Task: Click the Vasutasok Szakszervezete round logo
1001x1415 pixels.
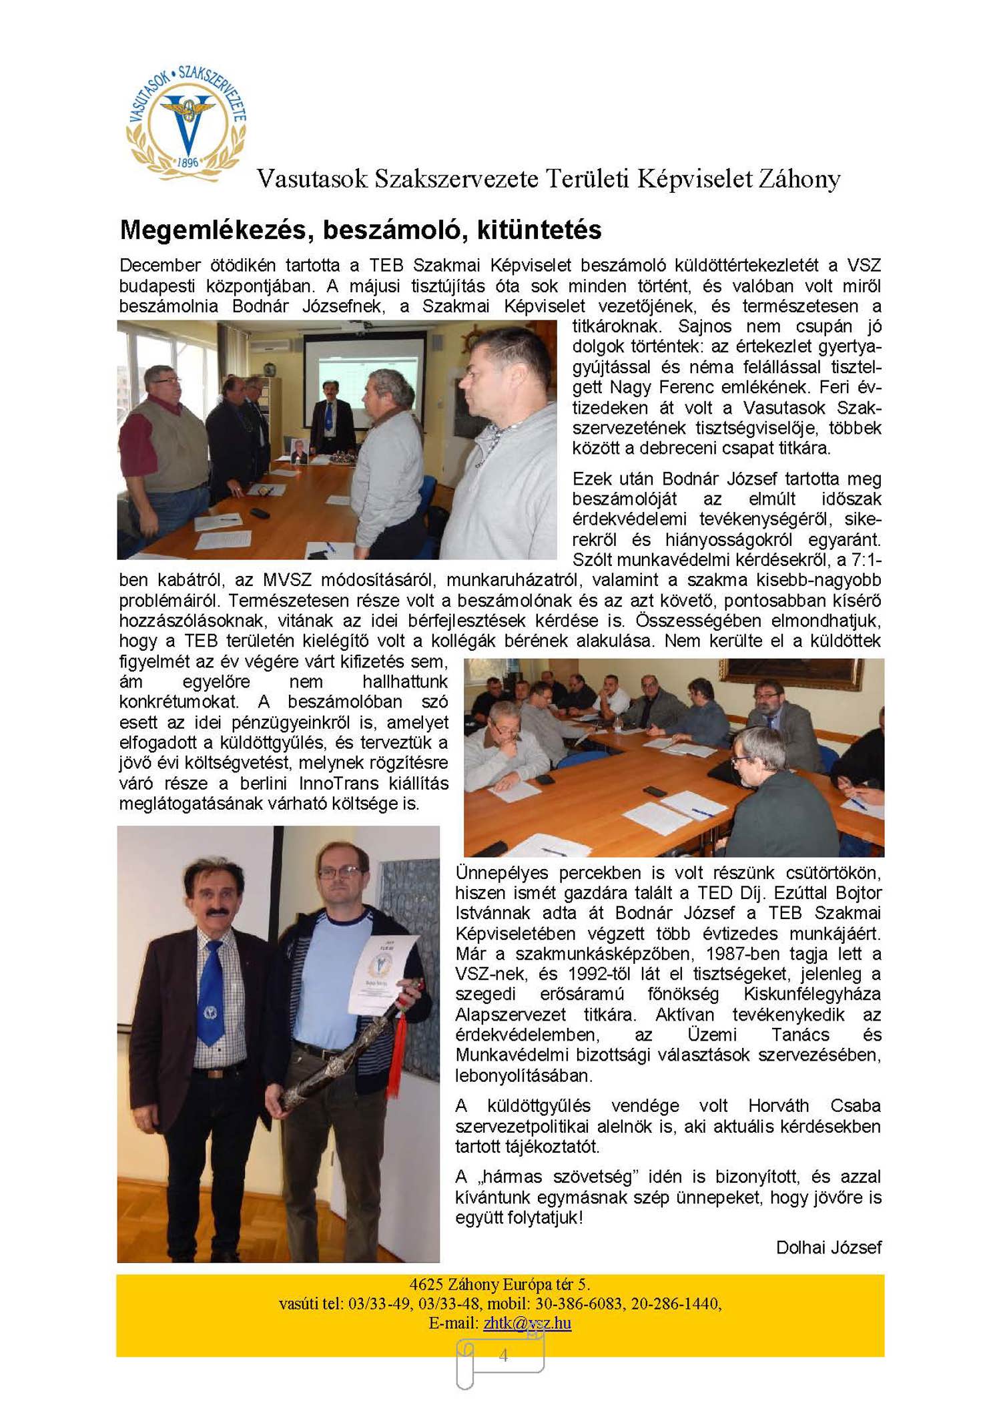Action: pyautogui.click(x=187, y=124)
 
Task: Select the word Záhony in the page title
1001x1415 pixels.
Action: pyautogui.click(x=798, y=179)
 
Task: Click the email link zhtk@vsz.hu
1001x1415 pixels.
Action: pyautogui.click(x=527, y=1323)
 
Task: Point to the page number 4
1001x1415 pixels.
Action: pyautogui.click(x=503, y=1355)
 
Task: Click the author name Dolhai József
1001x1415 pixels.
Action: pyautogui.click(x=828, y=1247)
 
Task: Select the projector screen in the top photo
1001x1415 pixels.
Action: pyautogui.click(x=364, y=374)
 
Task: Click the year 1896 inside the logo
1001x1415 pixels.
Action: pyautogui.click(x=188, y=162)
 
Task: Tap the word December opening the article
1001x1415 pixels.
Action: pyautogui.click(x=159, y=266)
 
